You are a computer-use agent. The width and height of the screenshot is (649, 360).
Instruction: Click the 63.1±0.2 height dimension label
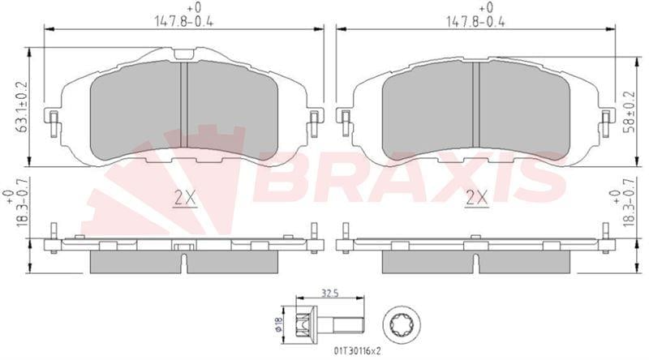coord(23,106)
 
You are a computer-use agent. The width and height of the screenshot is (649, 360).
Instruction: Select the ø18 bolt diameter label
coord(278,325)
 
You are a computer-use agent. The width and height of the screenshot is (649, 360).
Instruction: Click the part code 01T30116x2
coord(357,351)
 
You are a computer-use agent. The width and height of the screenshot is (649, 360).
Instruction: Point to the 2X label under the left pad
coord(185,199)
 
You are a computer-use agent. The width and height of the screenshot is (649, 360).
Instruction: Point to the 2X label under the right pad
coord(477,199)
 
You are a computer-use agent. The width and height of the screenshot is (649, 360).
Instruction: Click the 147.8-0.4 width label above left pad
coord(184,22)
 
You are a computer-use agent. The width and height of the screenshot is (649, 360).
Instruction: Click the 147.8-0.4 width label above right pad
coord(476,22)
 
